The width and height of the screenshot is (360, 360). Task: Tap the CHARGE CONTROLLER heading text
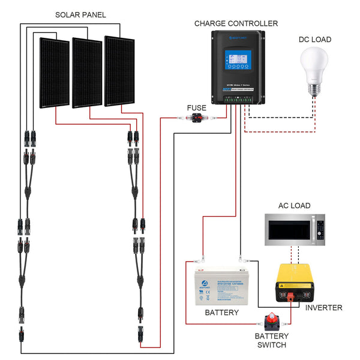(x=236, y=23)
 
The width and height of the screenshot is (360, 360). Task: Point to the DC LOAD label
(x=315, y=40)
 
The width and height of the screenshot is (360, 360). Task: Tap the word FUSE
(x=196, y=108)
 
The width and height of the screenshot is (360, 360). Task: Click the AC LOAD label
(x=294, y=206)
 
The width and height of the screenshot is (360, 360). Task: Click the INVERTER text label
(x=323, y=308)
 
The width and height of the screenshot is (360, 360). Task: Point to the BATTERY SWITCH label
(x=272, y=340)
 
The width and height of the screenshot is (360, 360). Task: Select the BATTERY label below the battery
(x=221, y=313)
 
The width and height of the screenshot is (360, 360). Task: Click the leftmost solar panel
(x=55, y=73)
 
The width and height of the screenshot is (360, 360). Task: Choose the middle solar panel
(x=87, y=73)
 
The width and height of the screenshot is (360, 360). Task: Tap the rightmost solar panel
(x=119, y=71)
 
